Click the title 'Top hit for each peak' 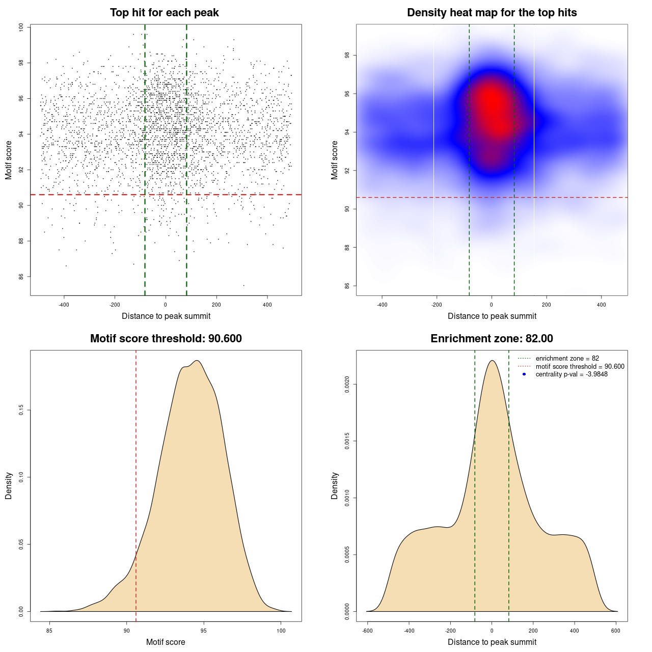[165, 13]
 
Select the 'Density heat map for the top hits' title [492, 13]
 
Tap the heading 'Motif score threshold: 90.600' [166, 339]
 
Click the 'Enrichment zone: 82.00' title [492, 339]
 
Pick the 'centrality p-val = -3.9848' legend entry [572, 374]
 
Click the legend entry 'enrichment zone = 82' [567, 359]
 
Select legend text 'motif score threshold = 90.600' [580, 366]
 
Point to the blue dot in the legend [524, 374]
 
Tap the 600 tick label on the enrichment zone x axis [616, 631]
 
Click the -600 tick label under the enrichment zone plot [367, 631]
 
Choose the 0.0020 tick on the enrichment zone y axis [347, 385]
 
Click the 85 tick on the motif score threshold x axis [49, 631]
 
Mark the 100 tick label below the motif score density [281, 631]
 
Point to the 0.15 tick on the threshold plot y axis [21, 410]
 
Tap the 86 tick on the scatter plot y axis [21, 277]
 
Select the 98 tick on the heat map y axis [347, 55]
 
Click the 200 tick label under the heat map [547, 305]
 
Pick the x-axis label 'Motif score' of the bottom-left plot [166, 642]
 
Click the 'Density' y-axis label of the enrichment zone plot [335, 485]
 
